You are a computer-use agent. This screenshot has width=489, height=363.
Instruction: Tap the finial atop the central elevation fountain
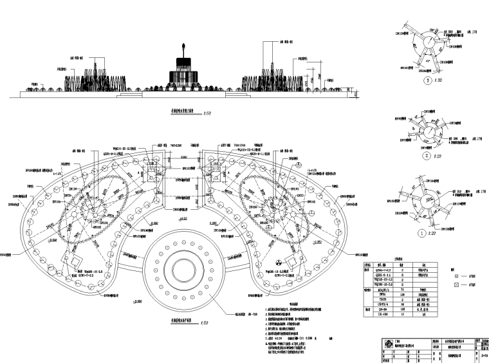[x=185, y=46]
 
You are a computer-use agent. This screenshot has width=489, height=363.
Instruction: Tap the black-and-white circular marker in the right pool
[x=277, y=263]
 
